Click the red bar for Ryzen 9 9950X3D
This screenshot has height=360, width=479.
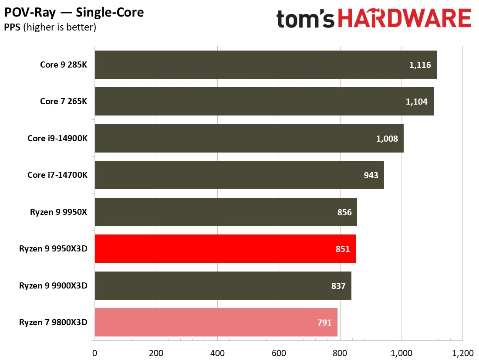pyautogui.click(x=225, y=249)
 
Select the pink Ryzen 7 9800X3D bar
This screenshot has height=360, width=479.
pyautogui.click(x=216, y=323)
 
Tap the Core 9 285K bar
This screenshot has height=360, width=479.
pyautogui.click(x=266, y=65)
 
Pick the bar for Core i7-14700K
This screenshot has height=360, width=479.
pyautogui.click(x=239, y=175)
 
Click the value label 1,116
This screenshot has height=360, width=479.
pyautogui.click(x=420, y=65)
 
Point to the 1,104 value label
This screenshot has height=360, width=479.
pyautogui.click(x=416, y=102)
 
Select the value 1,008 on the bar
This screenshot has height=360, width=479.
pyautogui.click(x=387, y=139)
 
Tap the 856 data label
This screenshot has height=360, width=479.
pyautogui.click(x=344, y=212)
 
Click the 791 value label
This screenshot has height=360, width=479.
pyautogui.click(x=324, y=323)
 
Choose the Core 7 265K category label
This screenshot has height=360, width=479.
pyautogui.click(x=64, y=101)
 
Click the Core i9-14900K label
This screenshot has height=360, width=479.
pyautogui.click(x=57, y=138)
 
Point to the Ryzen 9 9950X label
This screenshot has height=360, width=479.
pyautogui.click(x=58, y=212)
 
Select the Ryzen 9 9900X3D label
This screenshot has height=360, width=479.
pyautogui.click(x=53, y=285)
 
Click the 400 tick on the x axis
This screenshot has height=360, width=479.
pyautogui.click(x=217, y=353)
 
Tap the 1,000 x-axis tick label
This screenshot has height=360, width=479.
pyautogui.click(x=401, y=353)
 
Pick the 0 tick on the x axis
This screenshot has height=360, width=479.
pyautogui.click(x=94, y=353)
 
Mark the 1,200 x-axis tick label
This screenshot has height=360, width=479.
pyautogui.click(x=463, y=353)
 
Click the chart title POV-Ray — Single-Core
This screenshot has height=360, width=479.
pyautogui.click(x=74, y=12)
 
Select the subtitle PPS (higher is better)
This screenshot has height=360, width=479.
pyautogui.click(x=50, y=27)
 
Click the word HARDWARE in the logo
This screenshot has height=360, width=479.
pyautogui.click(x=405, y=18)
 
